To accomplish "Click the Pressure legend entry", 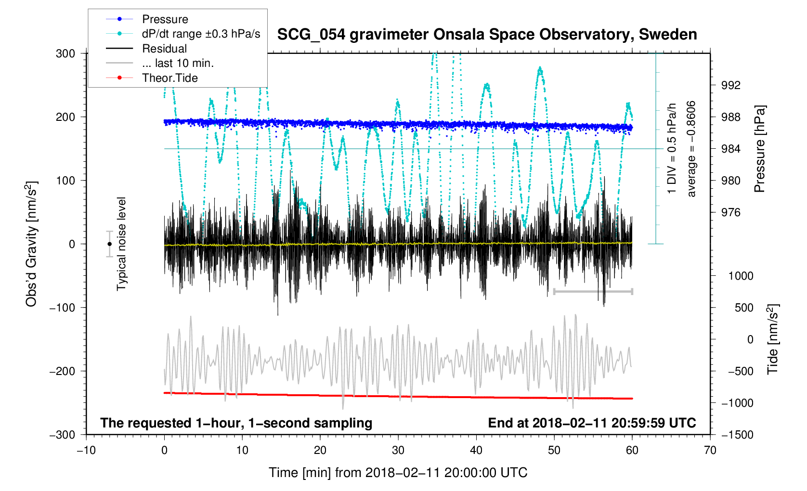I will point(165,19).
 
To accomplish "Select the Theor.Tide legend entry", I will point(169,78).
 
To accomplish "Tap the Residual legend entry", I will point(164,49).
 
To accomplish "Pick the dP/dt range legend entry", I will point(201,34).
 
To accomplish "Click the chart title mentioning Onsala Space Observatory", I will point(487,35).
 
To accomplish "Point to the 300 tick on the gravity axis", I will point(65,53).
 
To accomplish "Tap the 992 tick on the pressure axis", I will point(730,85).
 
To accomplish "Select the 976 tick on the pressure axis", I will point(730,212).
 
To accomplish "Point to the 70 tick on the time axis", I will point(710,451).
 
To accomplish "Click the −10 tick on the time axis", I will point(86,451).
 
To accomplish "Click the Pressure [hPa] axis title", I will point(760,149).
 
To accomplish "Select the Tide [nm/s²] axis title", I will point(773,339).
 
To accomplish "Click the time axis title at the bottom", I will point(398,473).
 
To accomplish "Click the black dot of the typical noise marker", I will point(109,244).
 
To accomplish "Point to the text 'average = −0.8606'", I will point(691,149).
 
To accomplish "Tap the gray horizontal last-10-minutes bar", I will point(593,291).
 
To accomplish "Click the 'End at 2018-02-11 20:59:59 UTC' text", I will point(592,423).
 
